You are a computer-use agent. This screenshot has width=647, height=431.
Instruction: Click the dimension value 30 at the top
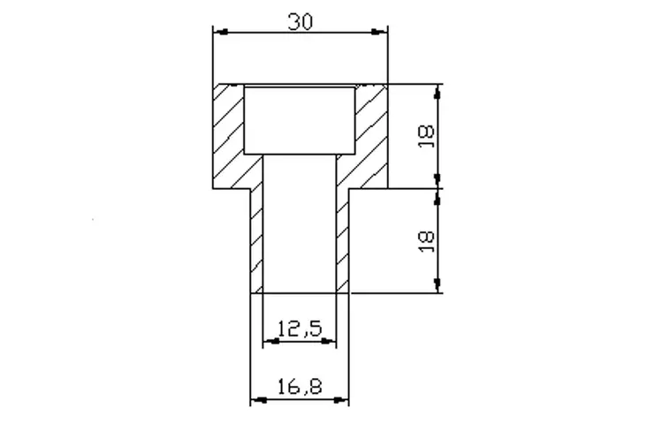(300, 22)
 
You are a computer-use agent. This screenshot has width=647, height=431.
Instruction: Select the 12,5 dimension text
(300, 329)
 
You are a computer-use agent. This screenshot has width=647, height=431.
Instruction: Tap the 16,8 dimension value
(300, 387)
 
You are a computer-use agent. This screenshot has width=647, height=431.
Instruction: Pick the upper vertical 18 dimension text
(426, 136)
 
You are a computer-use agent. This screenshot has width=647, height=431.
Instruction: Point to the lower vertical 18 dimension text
(426, 241)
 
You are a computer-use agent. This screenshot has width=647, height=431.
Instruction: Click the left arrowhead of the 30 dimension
(221, 32)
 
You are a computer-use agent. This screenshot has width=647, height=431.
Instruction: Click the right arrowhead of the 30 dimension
(379, 32)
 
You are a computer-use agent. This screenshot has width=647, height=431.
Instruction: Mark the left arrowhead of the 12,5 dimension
(271, 342)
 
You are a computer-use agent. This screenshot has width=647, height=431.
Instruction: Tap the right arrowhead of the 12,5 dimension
(328, 342)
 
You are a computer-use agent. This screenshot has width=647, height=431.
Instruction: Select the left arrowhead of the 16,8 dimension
(259, 400)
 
